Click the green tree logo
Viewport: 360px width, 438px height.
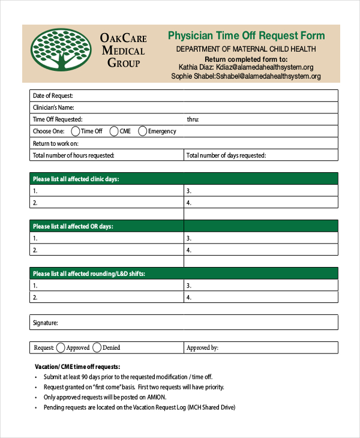tap(58, 53)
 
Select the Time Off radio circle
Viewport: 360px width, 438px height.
tap(76, 131)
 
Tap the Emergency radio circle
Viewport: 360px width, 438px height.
tap(143, 131)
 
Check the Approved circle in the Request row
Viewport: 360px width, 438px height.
tap(61, 347)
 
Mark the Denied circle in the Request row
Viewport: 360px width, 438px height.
tap(98, 347)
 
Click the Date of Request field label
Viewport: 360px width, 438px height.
tap(53, 95)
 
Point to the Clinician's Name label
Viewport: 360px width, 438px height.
tap(53, 107)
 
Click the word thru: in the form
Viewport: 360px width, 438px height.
tap(193, 119)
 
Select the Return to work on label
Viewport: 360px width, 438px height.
tap(56, 143)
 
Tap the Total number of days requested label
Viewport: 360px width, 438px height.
tap(226, 155)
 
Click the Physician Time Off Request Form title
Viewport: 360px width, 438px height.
tap(246, 36)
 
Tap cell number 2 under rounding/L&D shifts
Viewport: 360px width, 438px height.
tap(35, 297)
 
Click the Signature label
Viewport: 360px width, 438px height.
tap(45, 323)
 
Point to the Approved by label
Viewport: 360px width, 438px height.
tap(202, 347)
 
